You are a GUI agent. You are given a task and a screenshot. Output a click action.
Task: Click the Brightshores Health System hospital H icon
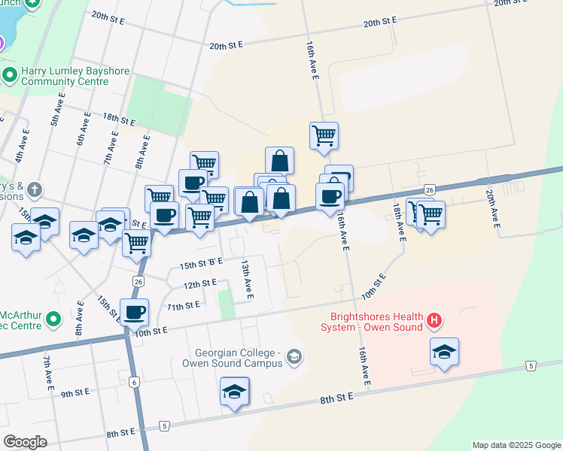(434, 321)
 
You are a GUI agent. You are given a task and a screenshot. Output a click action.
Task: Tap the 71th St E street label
(184, 306)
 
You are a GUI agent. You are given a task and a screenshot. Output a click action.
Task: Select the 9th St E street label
(76, 392)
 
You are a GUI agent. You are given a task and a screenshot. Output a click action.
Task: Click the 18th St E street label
(119, 119)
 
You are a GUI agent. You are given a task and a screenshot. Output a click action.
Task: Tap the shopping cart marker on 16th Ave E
(324, 136)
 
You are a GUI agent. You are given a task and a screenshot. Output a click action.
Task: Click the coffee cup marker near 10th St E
(134, 312)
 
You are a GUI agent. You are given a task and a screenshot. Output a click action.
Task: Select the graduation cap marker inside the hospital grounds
(444, 352)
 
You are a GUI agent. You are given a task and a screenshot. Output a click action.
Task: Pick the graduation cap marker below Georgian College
(235, 392)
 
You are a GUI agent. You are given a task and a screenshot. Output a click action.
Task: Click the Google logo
(25, 442)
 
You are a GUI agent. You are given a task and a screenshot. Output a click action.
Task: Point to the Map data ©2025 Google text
(516, 445)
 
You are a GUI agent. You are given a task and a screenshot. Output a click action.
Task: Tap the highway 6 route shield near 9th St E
(133, 382)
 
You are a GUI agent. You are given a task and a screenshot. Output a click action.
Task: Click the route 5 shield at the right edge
(531, 366)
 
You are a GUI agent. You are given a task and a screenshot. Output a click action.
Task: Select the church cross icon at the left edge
(37, 189)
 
